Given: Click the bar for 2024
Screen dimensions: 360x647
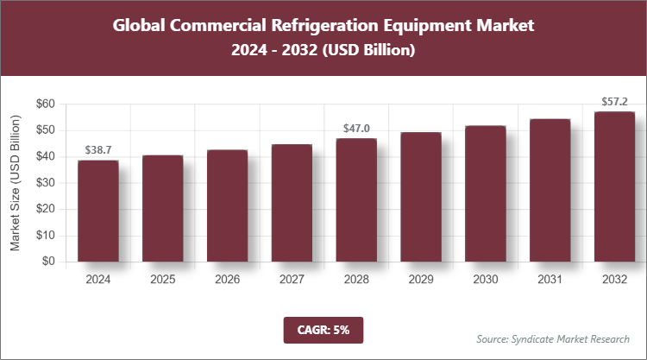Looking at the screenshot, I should tap(98, 211).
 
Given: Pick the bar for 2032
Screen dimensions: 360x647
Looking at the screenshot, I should tap(614, 186).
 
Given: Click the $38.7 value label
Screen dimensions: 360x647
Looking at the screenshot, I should tap(98, 150).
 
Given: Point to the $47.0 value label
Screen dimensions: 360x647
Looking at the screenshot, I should tap(356, 129).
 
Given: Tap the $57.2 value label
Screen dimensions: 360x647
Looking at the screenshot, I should tap(614, 102).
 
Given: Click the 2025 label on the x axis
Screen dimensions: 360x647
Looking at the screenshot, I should tap(163, 280).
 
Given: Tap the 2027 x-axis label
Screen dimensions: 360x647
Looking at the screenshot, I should tap(292, 280).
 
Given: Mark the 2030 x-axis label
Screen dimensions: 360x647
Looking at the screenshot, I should tap(485, 280).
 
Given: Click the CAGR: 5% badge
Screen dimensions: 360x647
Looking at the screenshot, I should tap(323, 329).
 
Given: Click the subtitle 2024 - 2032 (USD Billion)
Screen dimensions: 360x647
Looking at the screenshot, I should tap(323, 51).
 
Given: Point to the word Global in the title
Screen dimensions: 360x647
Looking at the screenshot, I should tap(140, 25).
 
